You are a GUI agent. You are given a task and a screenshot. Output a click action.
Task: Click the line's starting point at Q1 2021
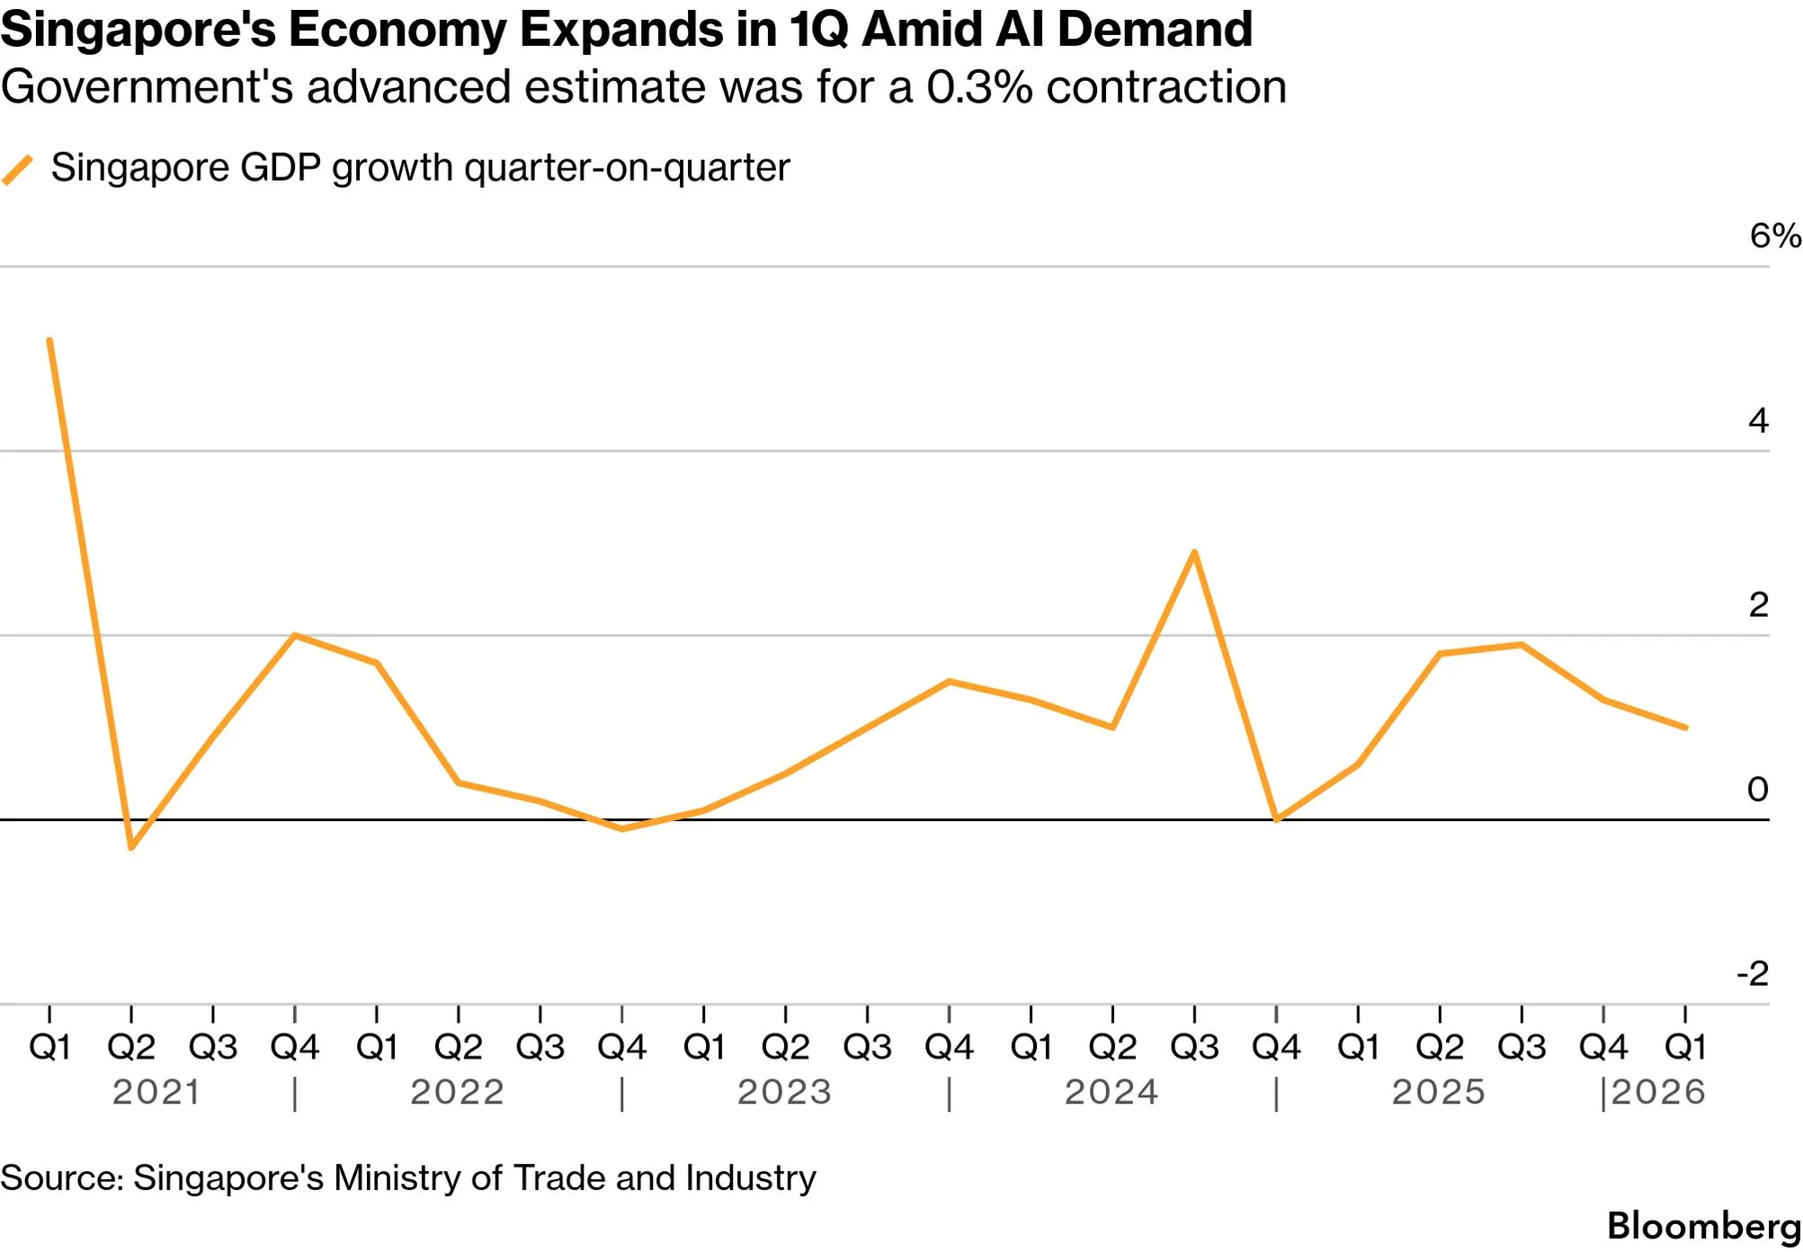pyautogui.click(x=49, y=340)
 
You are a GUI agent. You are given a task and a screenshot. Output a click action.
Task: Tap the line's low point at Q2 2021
pyautogui.click(x=131, y=847)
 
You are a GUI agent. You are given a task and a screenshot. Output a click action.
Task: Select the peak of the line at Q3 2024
pyautogui.click(x=1194, y=551)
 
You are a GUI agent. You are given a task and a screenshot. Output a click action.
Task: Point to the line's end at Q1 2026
pyautogui.click(x=1685, y=727)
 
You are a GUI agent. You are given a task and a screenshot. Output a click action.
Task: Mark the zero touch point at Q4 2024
pyautogui.click(x=1276, y=819)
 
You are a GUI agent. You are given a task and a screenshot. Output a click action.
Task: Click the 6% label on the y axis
pyautogui.click(x=1774, y=236)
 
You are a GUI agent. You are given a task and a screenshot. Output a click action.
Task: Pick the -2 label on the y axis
pyautogui.click(x=1753, y=973)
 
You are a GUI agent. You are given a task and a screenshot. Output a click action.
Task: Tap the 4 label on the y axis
pyautogui.click(x=1758, y=420)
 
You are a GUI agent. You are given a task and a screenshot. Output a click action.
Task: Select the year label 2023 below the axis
pyautogui.click(x=784, y=1092)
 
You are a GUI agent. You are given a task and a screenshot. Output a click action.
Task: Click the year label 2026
pyautogui.click(x=1658, y=1092)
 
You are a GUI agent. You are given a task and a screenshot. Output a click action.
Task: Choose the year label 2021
pyautogui.click(x=156, y=1092)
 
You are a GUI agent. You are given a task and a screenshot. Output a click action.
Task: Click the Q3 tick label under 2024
pyautogui.click(x=1194, y=1047)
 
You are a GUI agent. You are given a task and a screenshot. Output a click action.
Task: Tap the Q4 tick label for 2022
pyautogui.click(x=621, y=1047)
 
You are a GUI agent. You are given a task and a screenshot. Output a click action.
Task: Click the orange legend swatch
pyautogui.click(x=17, y=170)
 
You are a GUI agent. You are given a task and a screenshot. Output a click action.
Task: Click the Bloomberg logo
pyautogui.click(x=1704, y=1226)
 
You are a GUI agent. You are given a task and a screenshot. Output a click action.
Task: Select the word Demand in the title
pyautogui.click(x=1155, y=29)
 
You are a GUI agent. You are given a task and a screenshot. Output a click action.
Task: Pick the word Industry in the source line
pyautogui.click(x=751, y=1177)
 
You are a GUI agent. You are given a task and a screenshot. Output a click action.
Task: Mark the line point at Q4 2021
pyautogui.click(x=295, y=635)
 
